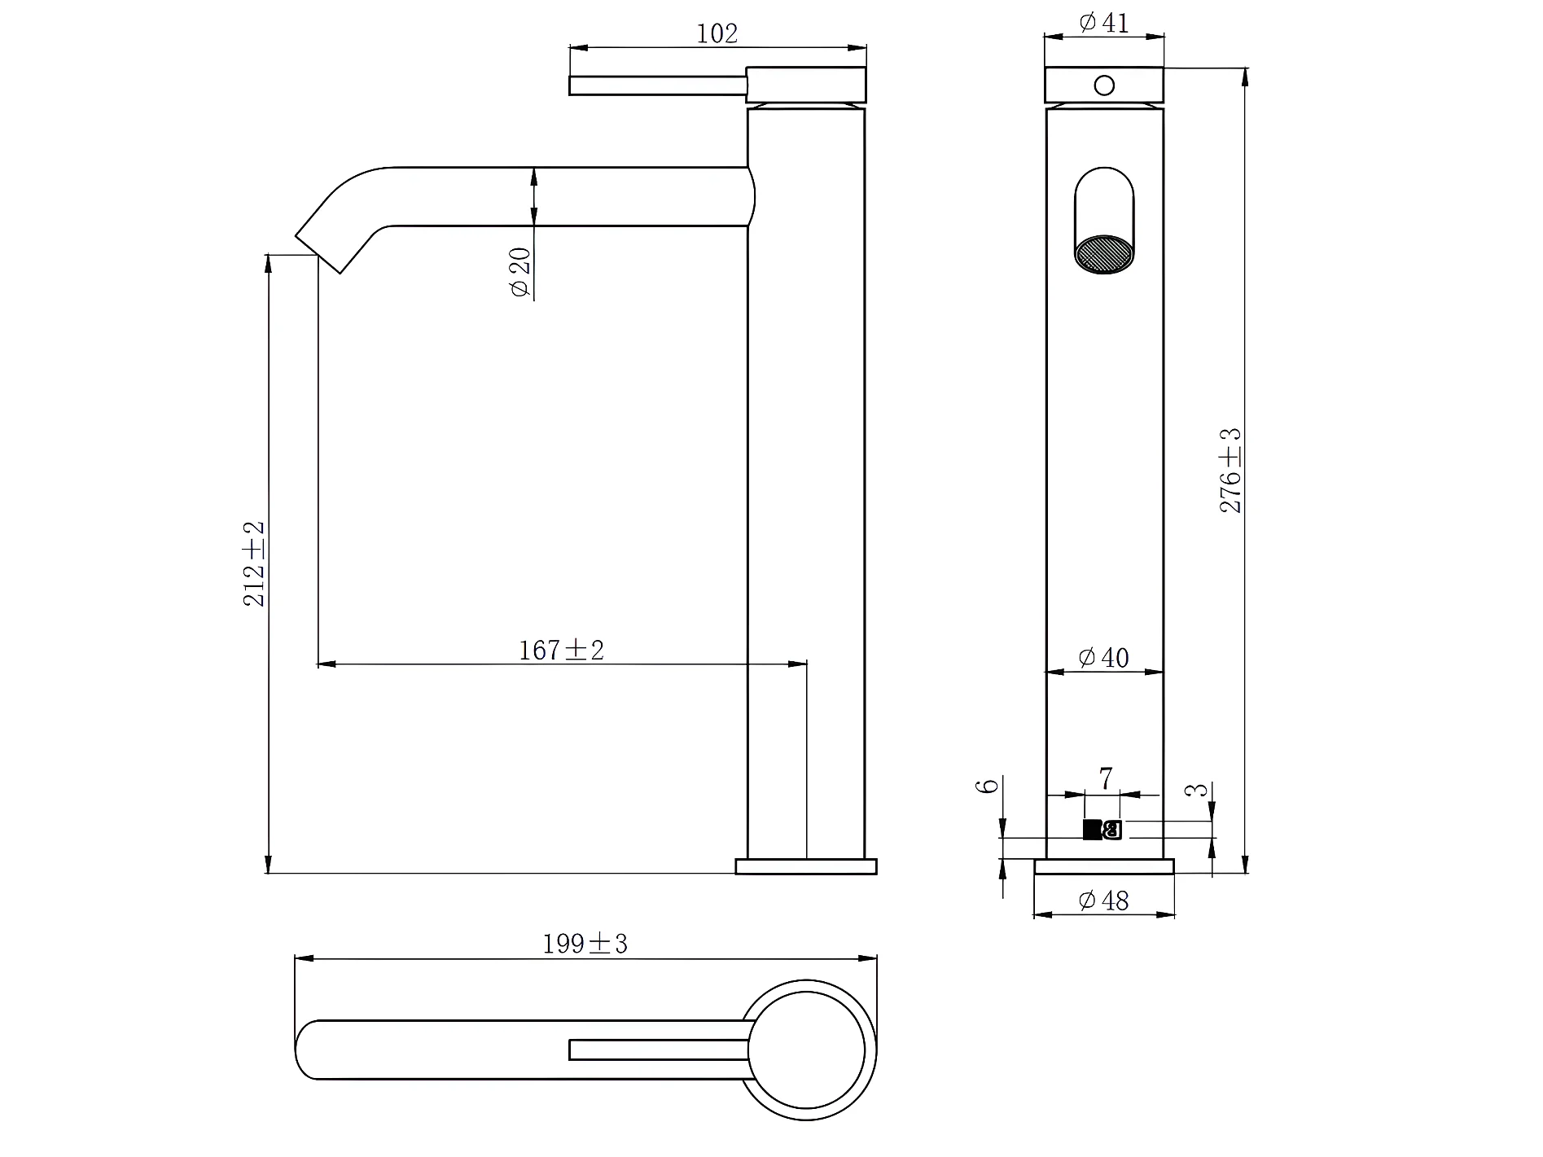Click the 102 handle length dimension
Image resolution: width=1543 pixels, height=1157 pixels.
[x=717, y=33]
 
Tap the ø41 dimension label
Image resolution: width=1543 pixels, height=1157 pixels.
[x=1104, y=23]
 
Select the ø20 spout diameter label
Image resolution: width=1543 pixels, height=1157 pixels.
[x=520, y=273]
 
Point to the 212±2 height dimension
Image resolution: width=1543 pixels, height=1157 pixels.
[x=255, y=563]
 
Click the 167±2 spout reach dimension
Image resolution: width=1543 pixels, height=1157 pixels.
[x=562, y=650]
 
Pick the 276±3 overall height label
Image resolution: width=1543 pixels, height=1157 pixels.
[x=1230, y=471]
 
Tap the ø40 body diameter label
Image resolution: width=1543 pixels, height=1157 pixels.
[x=1104, y=657]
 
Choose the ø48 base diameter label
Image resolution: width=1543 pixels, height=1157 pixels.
[x=1104, y=900]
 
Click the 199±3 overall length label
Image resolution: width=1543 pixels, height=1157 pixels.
[x=585, y=944]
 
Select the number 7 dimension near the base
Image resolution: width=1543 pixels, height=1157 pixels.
[x=1105, y=779]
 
